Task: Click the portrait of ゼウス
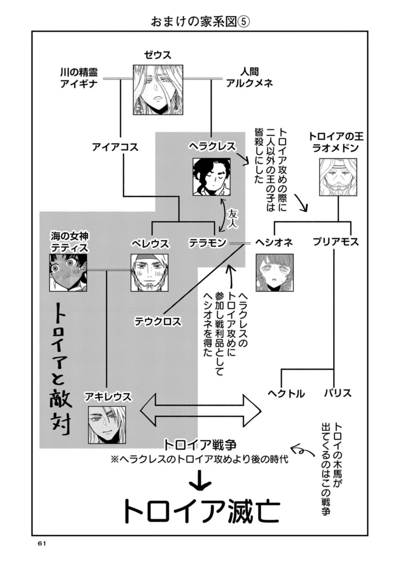coord(158,90)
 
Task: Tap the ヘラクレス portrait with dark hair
coord(211,177)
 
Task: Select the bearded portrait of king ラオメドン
coord(338,177)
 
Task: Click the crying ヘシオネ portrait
coord(275,273)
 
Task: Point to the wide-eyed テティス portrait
coord(68,273)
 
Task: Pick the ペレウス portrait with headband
coord(149,273)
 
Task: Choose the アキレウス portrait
coord(107,425)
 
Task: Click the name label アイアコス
coord(115,147)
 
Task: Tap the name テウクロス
coord(158,321)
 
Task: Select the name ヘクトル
coord(286,393)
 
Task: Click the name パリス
coord(337,393)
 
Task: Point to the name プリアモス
coord(336,242)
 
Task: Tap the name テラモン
coord(207,243)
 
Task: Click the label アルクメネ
coord(250,83)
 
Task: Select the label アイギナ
coord(79,84)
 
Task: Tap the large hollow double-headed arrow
coord(200,410)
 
